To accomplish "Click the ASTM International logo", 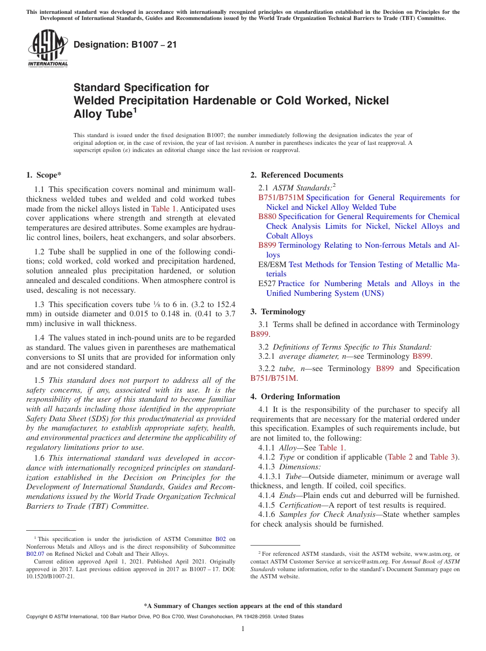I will pos(47,49).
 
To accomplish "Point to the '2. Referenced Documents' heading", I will pos(297,175).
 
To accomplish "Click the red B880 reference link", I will pos(267,216).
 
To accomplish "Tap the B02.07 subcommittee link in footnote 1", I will pos(34,554).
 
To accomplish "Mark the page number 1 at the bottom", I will pos(243,628).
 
